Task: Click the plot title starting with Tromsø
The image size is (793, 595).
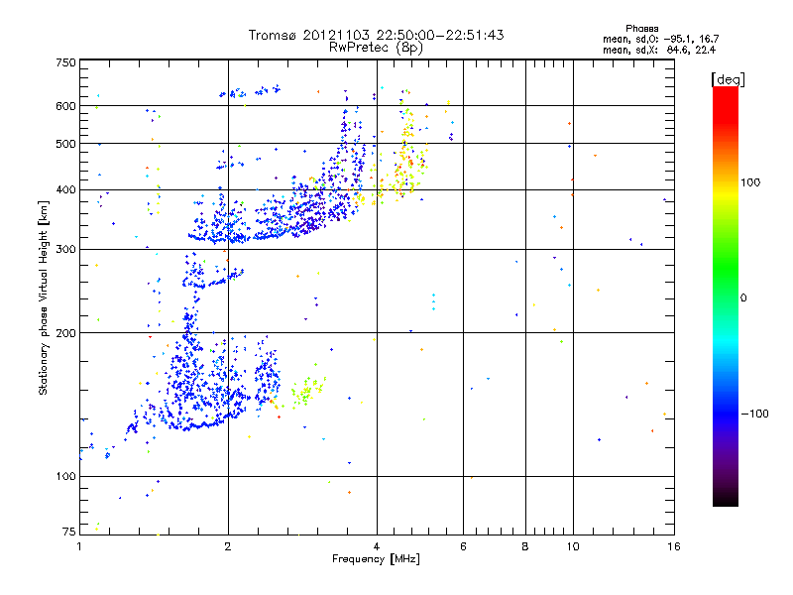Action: coord(377,35)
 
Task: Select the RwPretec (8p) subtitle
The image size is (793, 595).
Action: coord(377,47)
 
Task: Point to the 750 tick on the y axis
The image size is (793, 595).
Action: coord(65,61)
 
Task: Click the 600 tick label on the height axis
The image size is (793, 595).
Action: coord(65,105)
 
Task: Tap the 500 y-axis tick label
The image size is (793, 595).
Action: coord(65,144)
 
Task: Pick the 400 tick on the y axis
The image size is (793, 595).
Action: coord(65,189)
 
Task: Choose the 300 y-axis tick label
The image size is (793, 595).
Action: coord(65,249)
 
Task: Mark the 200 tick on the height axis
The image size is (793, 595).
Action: coord(65,333)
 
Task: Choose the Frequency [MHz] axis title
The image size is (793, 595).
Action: coord(376,560)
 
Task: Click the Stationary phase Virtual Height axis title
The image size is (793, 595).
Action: coord(44,297)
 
